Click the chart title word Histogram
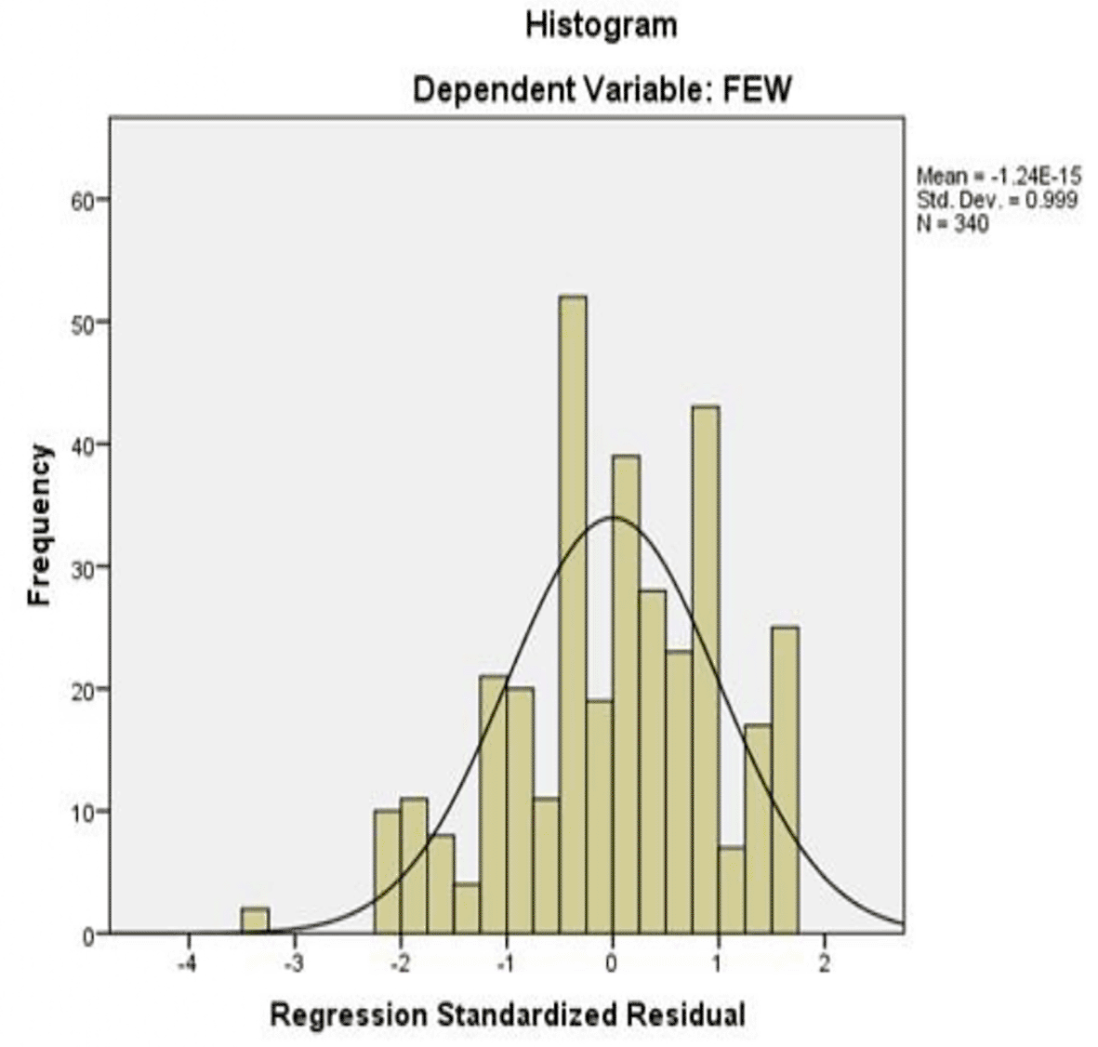(x=601, y=25)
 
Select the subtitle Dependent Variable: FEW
(x=601, y=90)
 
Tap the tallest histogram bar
(x=573, y=614)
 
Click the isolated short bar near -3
(x=255, y=921)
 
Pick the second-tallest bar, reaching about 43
(x=705, y=669)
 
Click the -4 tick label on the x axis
(x=187, y=963)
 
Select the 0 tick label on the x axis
(x=612, y=963)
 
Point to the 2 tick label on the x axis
(x=824, y=963)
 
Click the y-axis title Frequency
(x=39, y=525)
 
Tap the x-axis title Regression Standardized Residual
(x=507, y=1014)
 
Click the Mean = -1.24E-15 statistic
(x=999, y=176)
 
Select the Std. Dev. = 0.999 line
(x=997, y=199)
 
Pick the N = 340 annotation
(x=952, y=223)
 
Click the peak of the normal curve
(x=613, y=517)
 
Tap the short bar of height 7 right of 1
(x=732, y=890)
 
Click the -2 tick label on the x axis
(x=399, y=963)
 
